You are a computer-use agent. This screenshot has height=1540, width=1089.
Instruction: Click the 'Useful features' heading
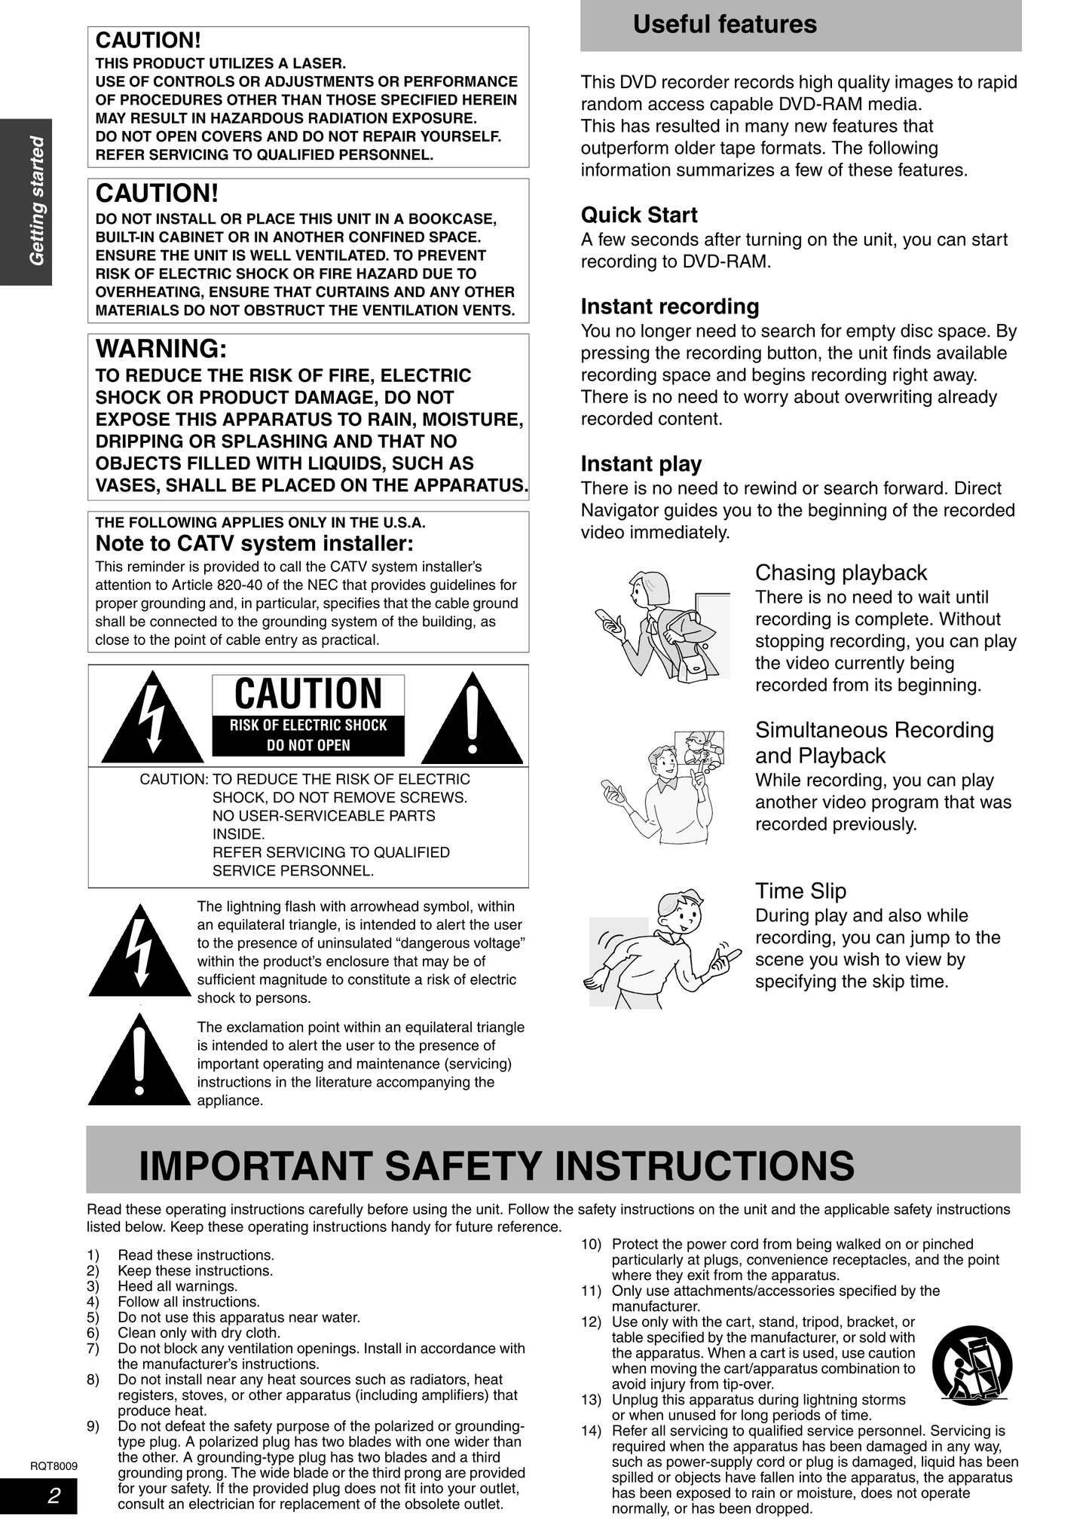coord(724,25)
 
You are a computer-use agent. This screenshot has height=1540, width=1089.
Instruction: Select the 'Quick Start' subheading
coord(639,215)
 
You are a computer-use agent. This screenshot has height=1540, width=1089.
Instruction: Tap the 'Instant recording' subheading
coord(670,307)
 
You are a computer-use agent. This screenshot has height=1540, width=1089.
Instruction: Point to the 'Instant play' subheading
coord(641,464)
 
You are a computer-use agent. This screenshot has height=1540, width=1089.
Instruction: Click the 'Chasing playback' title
coord(841,573)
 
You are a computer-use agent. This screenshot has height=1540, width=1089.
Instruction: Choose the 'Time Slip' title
coord(800,891)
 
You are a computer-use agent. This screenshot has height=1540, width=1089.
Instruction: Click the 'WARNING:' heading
coord(161,349)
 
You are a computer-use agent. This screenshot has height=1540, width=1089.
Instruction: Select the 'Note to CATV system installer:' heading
coord(255,543)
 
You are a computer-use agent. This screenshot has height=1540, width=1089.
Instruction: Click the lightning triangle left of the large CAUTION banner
coord(153,718)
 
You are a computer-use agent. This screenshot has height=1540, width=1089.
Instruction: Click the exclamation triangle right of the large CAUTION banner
coord(472,718)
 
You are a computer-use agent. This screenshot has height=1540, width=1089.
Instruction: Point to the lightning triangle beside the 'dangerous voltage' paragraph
coord(139,952)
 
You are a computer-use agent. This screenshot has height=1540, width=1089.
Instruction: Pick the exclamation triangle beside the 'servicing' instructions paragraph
coord(139,1061)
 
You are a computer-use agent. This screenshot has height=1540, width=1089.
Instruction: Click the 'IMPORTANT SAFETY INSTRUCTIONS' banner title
coord(497,1166)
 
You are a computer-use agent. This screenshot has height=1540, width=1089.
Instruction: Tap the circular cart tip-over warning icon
coord(971,1365)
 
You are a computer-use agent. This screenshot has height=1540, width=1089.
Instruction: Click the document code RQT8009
coord(54,1465)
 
